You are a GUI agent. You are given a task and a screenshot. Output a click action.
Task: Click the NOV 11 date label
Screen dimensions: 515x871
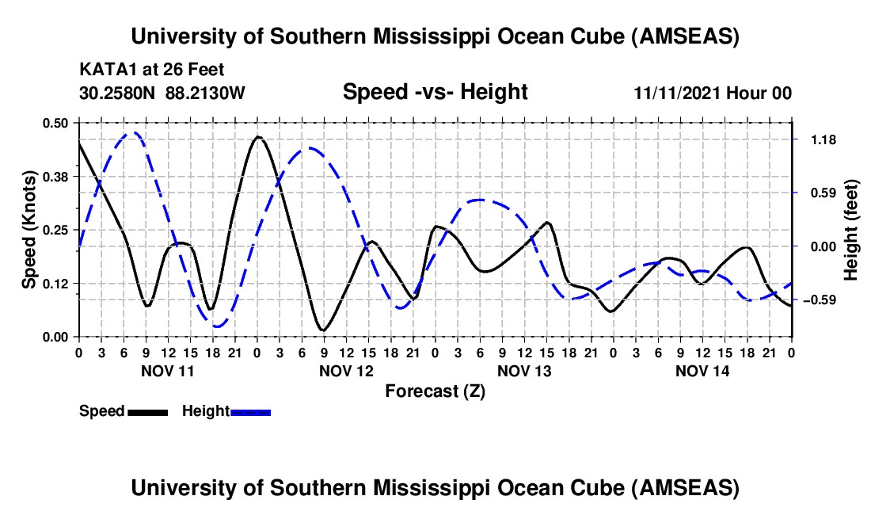[x=166, y=371]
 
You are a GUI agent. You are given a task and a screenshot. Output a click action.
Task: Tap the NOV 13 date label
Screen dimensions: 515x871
[x=524, y=371]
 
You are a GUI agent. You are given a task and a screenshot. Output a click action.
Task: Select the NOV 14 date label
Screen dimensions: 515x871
[x=702, y=371]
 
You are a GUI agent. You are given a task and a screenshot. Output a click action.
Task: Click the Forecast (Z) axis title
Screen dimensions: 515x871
[x=435, y=391]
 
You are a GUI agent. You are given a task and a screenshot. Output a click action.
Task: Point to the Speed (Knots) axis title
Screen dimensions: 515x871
[x=29, y=230]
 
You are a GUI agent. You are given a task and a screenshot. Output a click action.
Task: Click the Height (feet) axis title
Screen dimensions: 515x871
[x=851, y=230]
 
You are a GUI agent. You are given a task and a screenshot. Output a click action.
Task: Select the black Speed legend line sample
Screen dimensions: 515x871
[x=146, y=411]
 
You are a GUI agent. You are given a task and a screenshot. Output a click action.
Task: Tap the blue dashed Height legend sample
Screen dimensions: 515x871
[x=250, y=411]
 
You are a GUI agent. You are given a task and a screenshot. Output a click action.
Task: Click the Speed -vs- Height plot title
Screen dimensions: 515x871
[x=435, y=93]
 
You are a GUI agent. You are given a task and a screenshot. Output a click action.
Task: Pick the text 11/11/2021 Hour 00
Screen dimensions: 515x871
[x=713, y=93]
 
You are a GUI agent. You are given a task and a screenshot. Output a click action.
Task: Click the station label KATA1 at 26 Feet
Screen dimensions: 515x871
[x=152, y=71]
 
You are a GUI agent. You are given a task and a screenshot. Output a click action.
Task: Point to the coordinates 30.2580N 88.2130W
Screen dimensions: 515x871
[x=162, y=93]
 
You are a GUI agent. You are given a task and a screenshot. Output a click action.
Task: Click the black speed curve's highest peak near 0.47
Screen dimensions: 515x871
[x=257, y=137]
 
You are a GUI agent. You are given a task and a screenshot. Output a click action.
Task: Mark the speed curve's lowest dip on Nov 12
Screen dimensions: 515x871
[x=322, y=330]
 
